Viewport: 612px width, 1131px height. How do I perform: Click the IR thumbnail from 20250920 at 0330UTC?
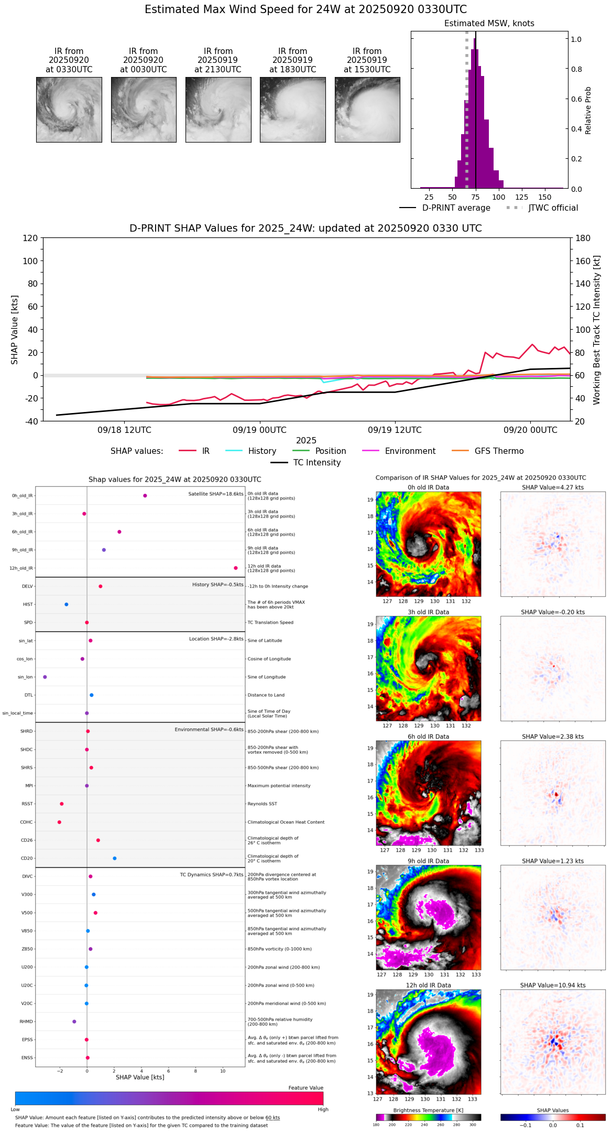tap(69, 110)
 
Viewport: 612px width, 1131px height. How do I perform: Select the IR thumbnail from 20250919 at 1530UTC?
tap(367, 110)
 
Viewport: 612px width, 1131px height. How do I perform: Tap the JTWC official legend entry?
tap(553, 208)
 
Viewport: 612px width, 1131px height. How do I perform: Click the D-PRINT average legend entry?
tap(456, 208)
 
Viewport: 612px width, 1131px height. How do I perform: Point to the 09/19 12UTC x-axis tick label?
tap(395, 430)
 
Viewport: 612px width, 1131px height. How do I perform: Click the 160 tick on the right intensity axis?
tap(583, 261)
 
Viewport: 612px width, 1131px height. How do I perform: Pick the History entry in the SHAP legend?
tap(262, 451)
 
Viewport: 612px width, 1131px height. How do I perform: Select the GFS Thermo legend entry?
tap(499, 451)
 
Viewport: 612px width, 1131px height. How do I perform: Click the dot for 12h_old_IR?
tap(236, 568)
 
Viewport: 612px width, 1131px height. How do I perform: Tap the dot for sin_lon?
tap(45, 677)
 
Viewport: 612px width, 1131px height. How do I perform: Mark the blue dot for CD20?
tap(115, 858)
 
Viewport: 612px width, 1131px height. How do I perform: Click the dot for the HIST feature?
tap(67, 604)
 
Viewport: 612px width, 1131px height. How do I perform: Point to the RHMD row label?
tap(26, 1021)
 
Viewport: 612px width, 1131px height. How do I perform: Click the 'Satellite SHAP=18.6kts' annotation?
tap(216, 494)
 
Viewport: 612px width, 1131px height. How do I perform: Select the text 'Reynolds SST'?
tap(263, 804)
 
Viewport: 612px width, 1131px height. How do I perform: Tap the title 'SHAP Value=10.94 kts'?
tap(553, 985)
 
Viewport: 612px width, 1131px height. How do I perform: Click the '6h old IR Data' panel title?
tap(428, 736)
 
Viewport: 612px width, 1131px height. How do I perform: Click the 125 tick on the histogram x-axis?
tap(521, 197)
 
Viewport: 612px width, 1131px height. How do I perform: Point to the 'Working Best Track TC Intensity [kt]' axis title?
tap(597, 330)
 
